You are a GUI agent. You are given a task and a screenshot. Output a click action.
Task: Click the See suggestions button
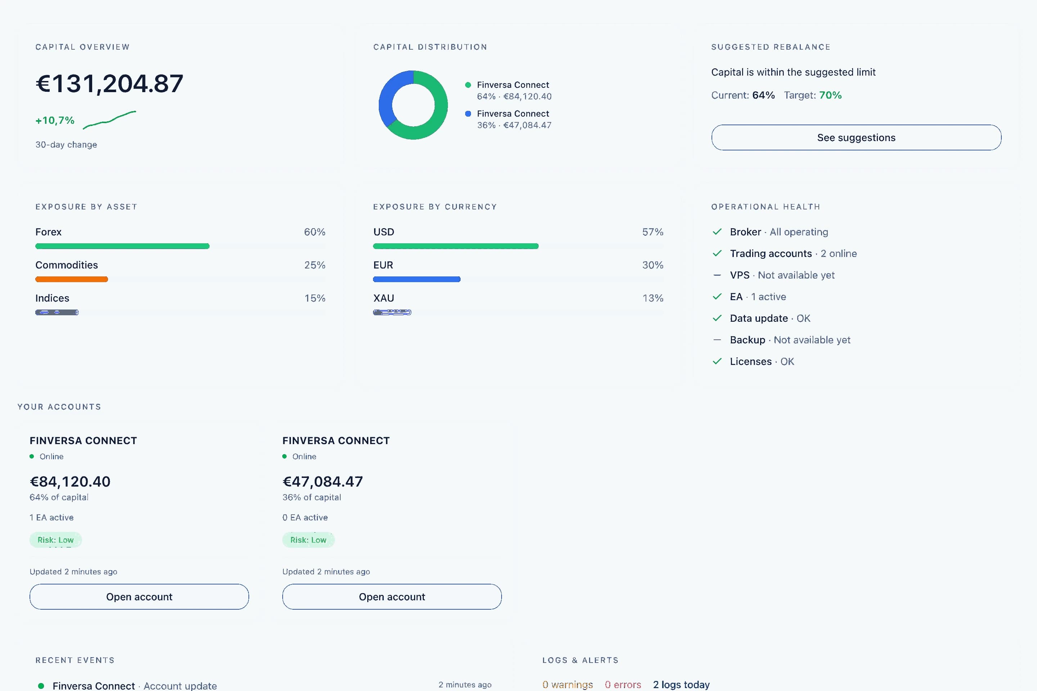[x=856, y=137]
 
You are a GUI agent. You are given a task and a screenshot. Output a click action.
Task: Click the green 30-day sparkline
[x=109, y=119]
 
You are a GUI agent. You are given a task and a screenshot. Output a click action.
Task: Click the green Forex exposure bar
[x=122, y=246]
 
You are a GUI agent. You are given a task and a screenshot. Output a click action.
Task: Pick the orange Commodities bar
[x=71, y=279]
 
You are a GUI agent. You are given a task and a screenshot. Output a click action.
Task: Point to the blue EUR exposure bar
[x=417, y=279]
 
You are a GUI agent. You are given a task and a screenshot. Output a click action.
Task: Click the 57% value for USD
[x=652, y=232]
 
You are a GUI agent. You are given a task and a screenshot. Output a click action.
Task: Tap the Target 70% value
[x=830, y=95]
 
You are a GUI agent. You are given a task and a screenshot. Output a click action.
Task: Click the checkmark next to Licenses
[x=717, y=361]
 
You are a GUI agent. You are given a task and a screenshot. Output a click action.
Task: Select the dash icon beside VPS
[x=717, y=275]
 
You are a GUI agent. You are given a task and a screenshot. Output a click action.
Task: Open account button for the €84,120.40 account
[x=139, y=597]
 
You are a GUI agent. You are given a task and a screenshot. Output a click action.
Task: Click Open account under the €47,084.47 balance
[x=392, y=597]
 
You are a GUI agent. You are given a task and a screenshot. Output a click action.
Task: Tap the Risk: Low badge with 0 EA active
[x=308, y=540]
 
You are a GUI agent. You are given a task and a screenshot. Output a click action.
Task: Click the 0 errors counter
[x=623, y=685]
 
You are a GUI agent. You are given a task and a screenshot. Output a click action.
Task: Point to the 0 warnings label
[x=567, y=685]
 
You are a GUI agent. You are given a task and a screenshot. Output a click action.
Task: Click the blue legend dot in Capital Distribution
[x=468, y=114]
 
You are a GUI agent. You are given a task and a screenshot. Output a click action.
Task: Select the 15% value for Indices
[x=315, y=298]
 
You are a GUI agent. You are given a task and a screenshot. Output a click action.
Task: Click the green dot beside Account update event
[x=41, y=686]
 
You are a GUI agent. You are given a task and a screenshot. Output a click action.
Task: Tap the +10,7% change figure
[x=55, y=120]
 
